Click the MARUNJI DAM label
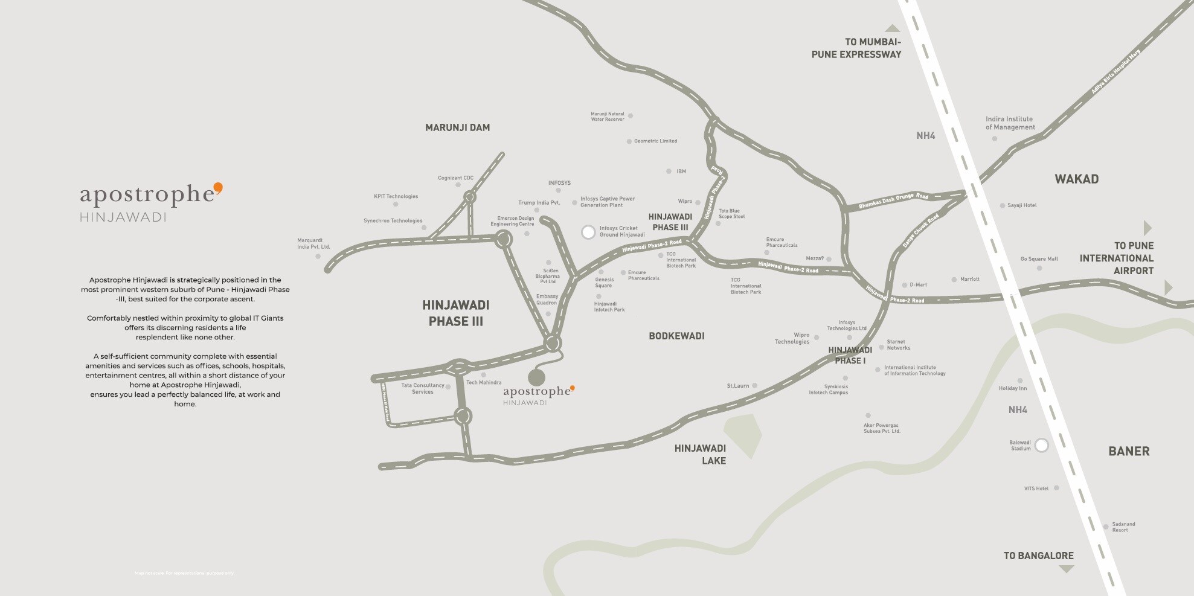[x=457, y=127]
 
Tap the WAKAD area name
[x=1076, y=179]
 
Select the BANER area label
[x=1129, y=451]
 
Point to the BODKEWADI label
[x=676, y=336]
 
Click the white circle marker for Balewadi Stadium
[x=1041, y=446]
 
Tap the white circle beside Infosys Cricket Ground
[x=588, y=232]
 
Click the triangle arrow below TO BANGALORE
[x=1067, y=569]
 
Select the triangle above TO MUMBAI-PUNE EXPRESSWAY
[x=892, y=28]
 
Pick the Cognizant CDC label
[x=455, y=178]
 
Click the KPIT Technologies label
[x=396, y=196]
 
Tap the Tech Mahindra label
[x=484, y=382]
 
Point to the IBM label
[x=681, y=171]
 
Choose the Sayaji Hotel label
[x=1022, y=205]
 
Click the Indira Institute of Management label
[x=1010, y=123]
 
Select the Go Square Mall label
[x=1039, y=259]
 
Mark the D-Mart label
[x=918, y=284]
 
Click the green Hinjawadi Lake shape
[x=743, y=434]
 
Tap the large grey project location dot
[x=536, y=377]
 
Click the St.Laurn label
[x=737, y=385]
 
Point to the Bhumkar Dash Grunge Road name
[x=893, y=201]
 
